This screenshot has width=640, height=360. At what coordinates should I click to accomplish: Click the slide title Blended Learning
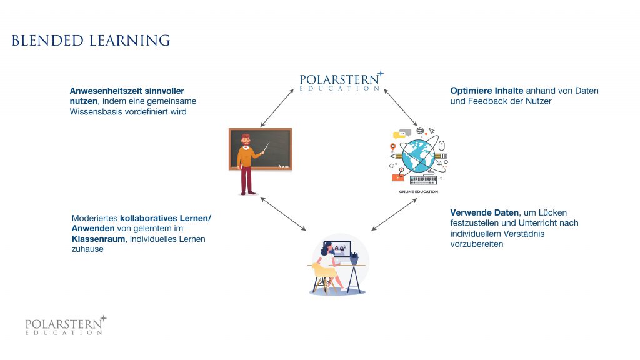[x=91, y=41]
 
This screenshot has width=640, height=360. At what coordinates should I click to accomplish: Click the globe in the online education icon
[x=417, y=156]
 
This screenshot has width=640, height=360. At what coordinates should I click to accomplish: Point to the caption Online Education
[x=419, y=192]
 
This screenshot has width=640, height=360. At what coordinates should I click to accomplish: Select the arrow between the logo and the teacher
[x=277, y=107]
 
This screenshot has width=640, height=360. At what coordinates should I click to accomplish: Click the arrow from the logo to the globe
[x=401, y=107]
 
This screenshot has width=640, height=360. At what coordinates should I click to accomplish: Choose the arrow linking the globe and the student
[x=394, y=214]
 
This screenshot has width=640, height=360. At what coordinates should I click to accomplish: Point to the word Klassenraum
[x=94, y=239]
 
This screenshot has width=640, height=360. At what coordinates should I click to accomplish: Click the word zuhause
[x=88, y=249]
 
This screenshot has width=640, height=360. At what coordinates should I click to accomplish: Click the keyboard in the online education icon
[x=423, y=180]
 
